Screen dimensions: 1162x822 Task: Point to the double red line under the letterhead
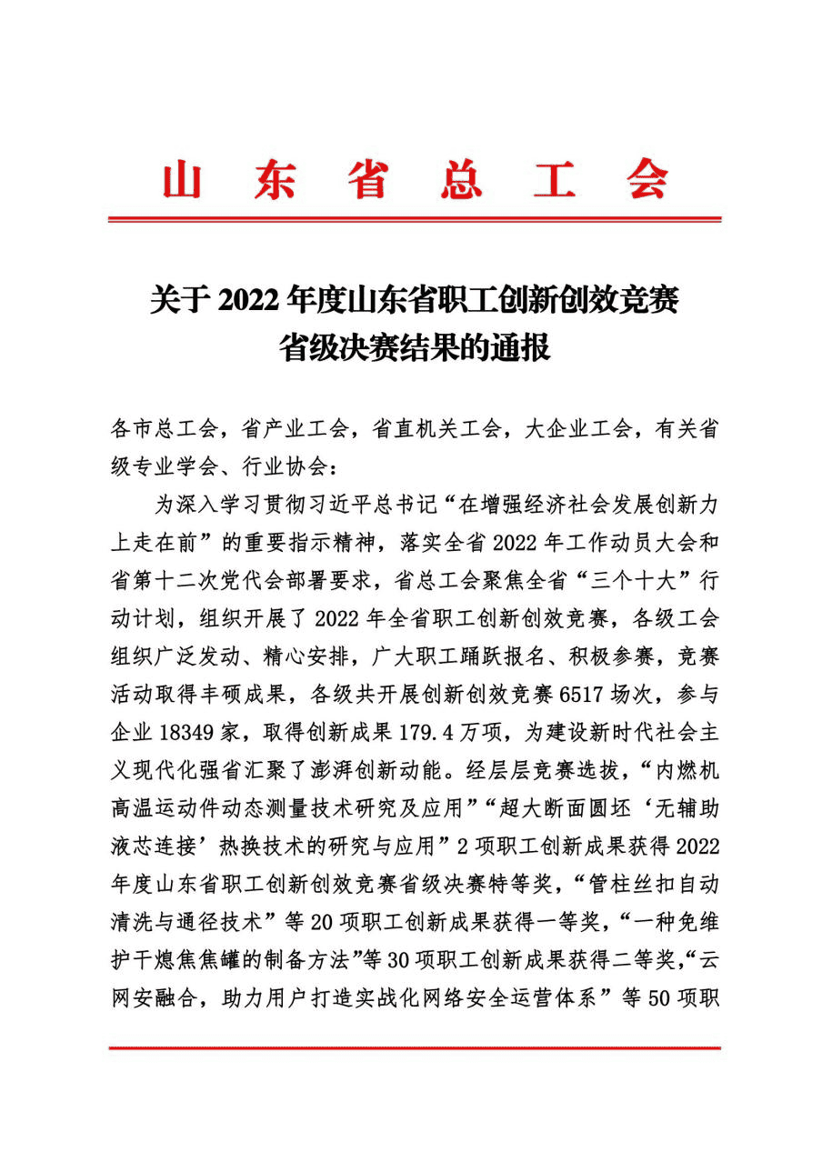(x=415, y=219)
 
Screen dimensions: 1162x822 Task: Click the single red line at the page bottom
(x=415, y=1048)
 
